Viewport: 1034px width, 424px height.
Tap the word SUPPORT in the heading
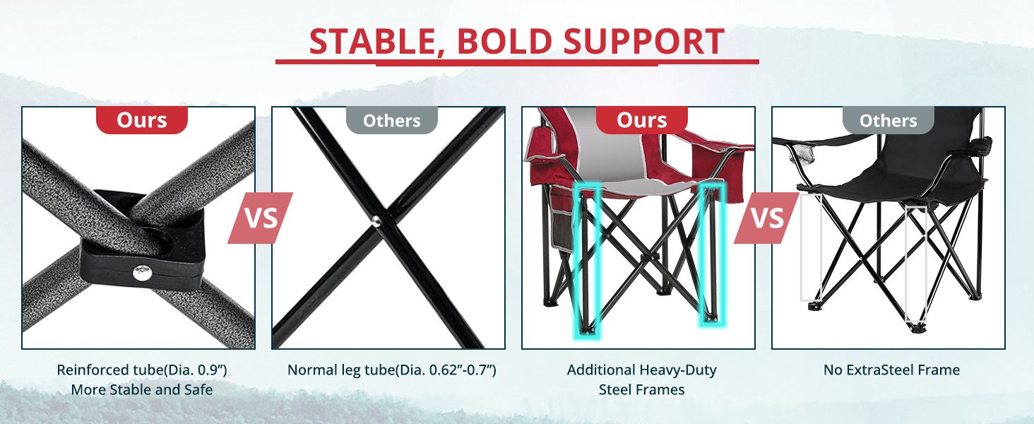pyautogui.click(x=644, y=42)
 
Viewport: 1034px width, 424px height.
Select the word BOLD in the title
pyautogui.click(x=504, y=42)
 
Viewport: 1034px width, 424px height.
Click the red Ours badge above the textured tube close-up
pyautogui.click(x=142, y=120)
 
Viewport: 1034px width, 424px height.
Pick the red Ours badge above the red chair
pyautogui.click(x=641, y=120)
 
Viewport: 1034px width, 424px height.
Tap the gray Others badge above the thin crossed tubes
pyautogui.click(x=392, y=120)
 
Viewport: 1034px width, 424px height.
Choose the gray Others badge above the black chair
pyautogui.click(x=888, y=120)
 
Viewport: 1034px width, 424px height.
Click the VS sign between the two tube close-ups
pyautogui.click(x=261, y=218)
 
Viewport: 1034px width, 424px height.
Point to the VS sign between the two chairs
pyautogui.click(x=767, y=218)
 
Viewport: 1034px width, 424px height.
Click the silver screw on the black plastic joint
pyautogui.click(x=142, y=273)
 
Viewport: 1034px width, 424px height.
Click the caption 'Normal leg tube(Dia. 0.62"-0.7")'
pyautogui.click(x=392, y=370)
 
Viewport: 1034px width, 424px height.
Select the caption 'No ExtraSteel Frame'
pyautogui.click(x=892, y=370)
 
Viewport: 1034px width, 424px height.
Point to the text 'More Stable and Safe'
pyautogui.click(x=142, y=390)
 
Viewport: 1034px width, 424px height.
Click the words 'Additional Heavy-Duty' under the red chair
pyautogui.click(x=641, y=370)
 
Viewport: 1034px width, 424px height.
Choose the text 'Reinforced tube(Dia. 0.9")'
pyautogui.click(x=142, y=370)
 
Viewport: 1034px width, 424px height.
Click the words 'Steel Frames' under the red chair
pyautogui.click(x=641, y=390)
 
